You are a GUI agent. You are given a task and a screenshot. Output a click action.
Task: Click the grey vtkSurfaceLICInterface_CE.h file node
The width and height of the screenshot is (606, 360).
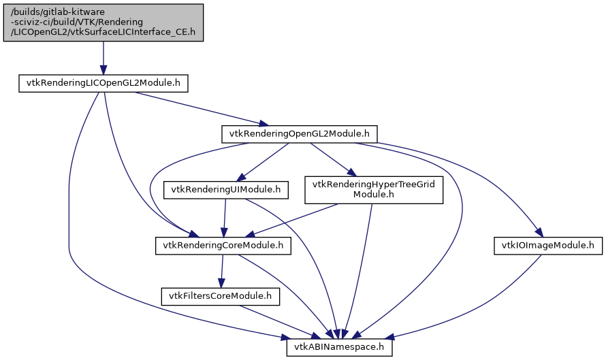(x=103, y=21)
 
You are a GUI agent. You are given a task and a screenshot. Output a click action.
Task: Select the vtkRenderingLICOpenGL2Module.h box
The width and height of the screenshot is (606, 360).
(x=103, y=83)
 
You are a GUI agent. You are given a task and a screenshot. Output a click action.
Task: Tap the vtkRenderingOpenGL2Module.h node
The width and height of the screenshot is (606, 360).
(x=300, y=134)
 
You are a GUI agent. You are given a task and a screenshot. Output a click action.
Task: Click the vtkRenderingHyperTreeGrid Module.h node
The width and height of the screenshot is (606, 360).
(x=374, y=189)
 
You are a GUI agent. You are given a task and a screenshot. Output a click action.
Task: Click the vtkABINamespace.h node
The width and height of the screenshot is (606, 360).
(x=339, y=347)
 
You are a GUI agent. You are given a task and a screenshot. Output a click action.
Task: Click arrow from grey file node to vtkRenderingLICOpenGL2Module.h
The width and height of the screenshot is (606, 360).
(x=103, y=58)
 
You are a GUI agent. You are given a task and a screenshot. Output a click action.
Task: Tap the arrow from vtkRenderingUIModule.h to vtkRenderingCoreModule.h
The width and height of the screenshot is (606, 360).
(x=225, y=218)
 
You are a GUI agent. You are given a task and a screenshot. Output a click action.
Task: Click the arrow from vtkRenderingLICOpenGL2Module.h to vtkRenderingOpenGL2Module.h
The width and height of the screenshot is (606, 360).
(x=197, y=108)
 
